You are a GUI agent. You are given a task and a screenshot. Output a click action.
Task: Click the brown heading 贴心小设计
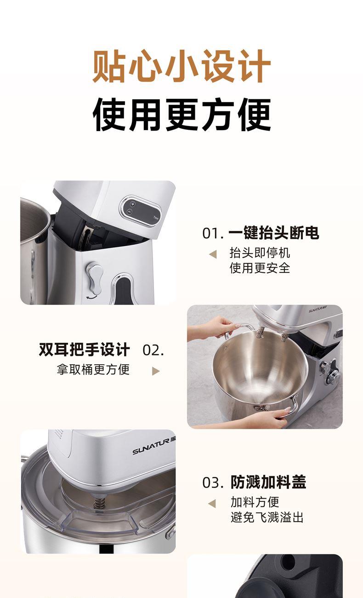[x=181, y=66]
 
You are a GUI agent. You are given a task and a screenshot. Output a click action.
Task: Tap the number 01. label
[x=213, y=233]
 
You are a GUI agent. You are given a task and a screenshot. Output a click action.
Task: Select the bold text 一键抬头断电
[x=274, y=233]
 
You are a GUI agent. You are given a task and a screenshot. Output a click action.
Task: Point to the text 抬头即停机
[x=260, y=253]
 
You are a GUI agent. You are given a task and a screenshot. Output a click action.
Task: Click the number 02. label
[x=153, y=350]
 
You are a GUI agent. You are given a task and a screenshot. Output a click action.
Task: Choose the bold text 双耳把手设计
[x=84, y=350]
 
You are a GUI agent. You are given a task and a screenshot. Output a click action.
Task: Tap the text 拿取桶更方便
[x=93, y=369]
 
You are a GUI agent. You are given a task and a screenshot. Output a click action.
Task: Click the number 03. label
[x=213, y=483]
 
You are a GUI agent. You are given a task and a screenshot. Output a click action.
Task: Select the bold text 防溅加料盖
[x=268, y=482]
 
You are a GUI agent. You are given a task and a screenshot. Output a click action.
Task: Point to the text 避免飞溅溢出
[x=267, y=517]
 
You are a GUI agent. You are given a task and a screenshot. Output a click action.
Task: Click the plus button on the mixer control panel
[x=133, y=204]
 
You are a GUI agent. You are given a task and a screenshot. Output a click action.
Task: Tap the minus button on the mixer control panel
[x=130, y=212]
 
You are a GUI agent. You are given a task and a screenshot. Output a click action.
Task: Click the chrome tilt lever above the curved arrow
[x=95, y=278]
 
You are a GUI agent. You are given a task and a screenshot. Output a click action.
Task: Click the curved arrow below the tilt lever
[x=91, y=297]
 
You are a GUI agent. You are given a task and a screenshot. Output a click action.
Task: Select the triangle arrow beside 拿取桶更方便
[x=156, y=371]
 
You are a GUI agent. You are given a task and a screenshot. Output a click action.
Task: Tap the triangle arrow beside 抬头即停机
[x=213, y=254]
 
